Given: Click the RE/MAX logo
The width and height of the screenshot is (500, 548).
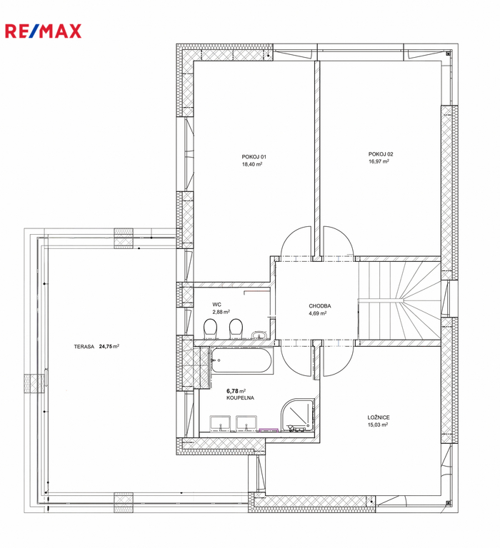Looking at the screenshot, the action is point(43,31).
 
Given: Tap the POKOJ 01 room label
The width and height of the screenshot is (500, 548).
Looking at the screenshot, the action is point(254,157).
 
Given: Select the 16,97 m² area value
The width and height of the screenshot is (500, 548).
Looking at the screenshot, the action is point(379,161).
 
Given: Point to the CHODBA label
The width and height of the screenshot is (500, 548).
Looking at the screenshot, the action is point(320,306).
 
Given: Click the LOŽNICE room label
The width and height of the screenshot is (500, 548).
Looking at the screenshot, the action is point(379,417).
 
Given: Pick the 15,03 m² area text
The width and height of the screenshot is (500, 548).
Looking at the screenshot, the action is point(378,425).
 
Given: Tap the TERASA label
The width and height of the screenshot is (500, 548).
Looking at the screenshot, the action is point(84,347).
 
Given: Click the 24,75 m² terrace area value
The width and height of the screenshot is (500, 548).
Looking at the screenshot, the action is point(109,346).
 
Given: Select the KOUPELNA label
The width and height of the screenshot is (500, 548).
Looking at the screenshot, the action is point(241,398).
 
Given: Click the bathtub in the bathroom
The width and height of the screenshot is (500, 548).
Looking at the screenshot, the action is point(241,360).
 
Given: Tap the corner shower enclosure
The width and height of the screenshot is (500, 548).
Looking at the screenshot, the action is point(297,415).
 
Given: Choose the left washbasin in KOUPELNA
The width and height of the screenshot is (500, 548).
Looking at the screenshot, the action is point(220,422).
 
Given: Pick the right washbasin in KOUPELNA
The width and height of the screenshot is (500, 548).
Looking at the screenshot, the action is point(246,422).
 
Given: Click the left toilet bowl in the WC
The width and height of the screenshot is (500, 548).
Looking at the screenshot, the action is point(210,329).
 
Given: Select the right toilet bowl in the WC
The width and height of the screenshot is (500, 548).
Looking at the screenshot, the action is point(236,329).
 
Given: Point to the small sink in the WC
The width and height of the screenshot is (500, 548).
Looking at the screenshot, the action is point(259,335).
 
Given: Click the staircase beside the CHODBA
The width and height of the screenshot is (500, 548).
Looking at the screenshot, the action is point(399,300).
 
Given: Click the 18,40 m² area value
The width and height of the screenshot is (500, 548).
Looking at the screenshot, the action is point(252,164).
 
